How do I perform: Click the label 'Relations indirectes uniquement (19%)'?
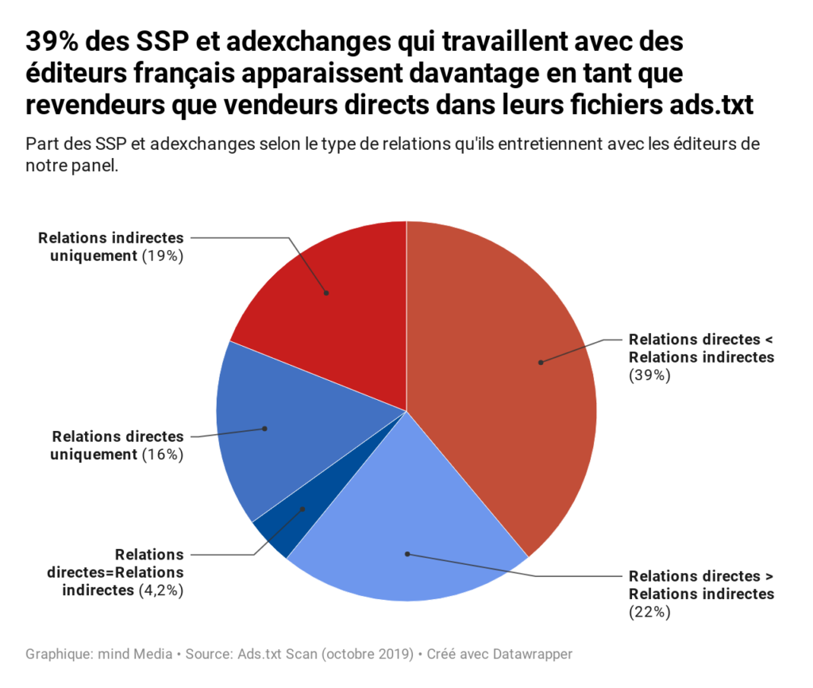click(x=110, y=247)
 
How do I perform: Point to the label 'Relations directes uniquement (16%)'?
click(x=117, y=445)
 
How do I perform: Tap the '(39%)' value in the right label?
click(x=649, y=375)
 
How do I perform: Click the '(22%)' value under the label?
click(x=649, y=612)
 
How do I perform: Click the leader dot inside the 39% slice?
click(x=541, y=363)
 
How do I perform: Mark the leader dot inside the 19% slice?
click(x=326, y=293)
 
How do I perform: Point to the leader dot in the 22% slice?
click(x=406, y=553)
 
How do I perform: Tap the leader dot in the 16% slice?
click(x=265, y=429)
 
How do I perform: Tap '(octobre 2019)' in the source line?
click(x=364, y=655)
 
